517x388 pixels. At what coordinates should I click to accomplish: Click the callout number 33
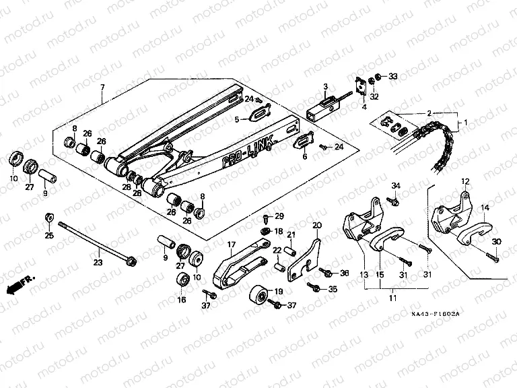click(394, 76)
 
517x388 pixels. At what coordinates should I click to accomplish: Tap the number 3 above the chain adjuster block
click(324, 87)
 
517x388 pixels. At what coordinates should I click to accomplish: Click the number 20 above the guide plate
click(317, 224)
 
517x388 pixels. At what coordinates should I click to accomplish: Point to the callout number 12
click(464, 181)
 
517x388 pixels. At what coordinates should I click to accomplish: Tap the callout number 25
click(48, 235)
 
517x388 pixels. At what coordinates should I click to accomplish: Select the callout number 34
click(396, 186)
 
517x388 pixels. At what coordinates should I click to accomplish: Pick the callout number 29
click(279, 216)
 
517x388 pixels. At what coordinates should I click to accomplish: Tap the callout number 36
click(344, 273)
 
